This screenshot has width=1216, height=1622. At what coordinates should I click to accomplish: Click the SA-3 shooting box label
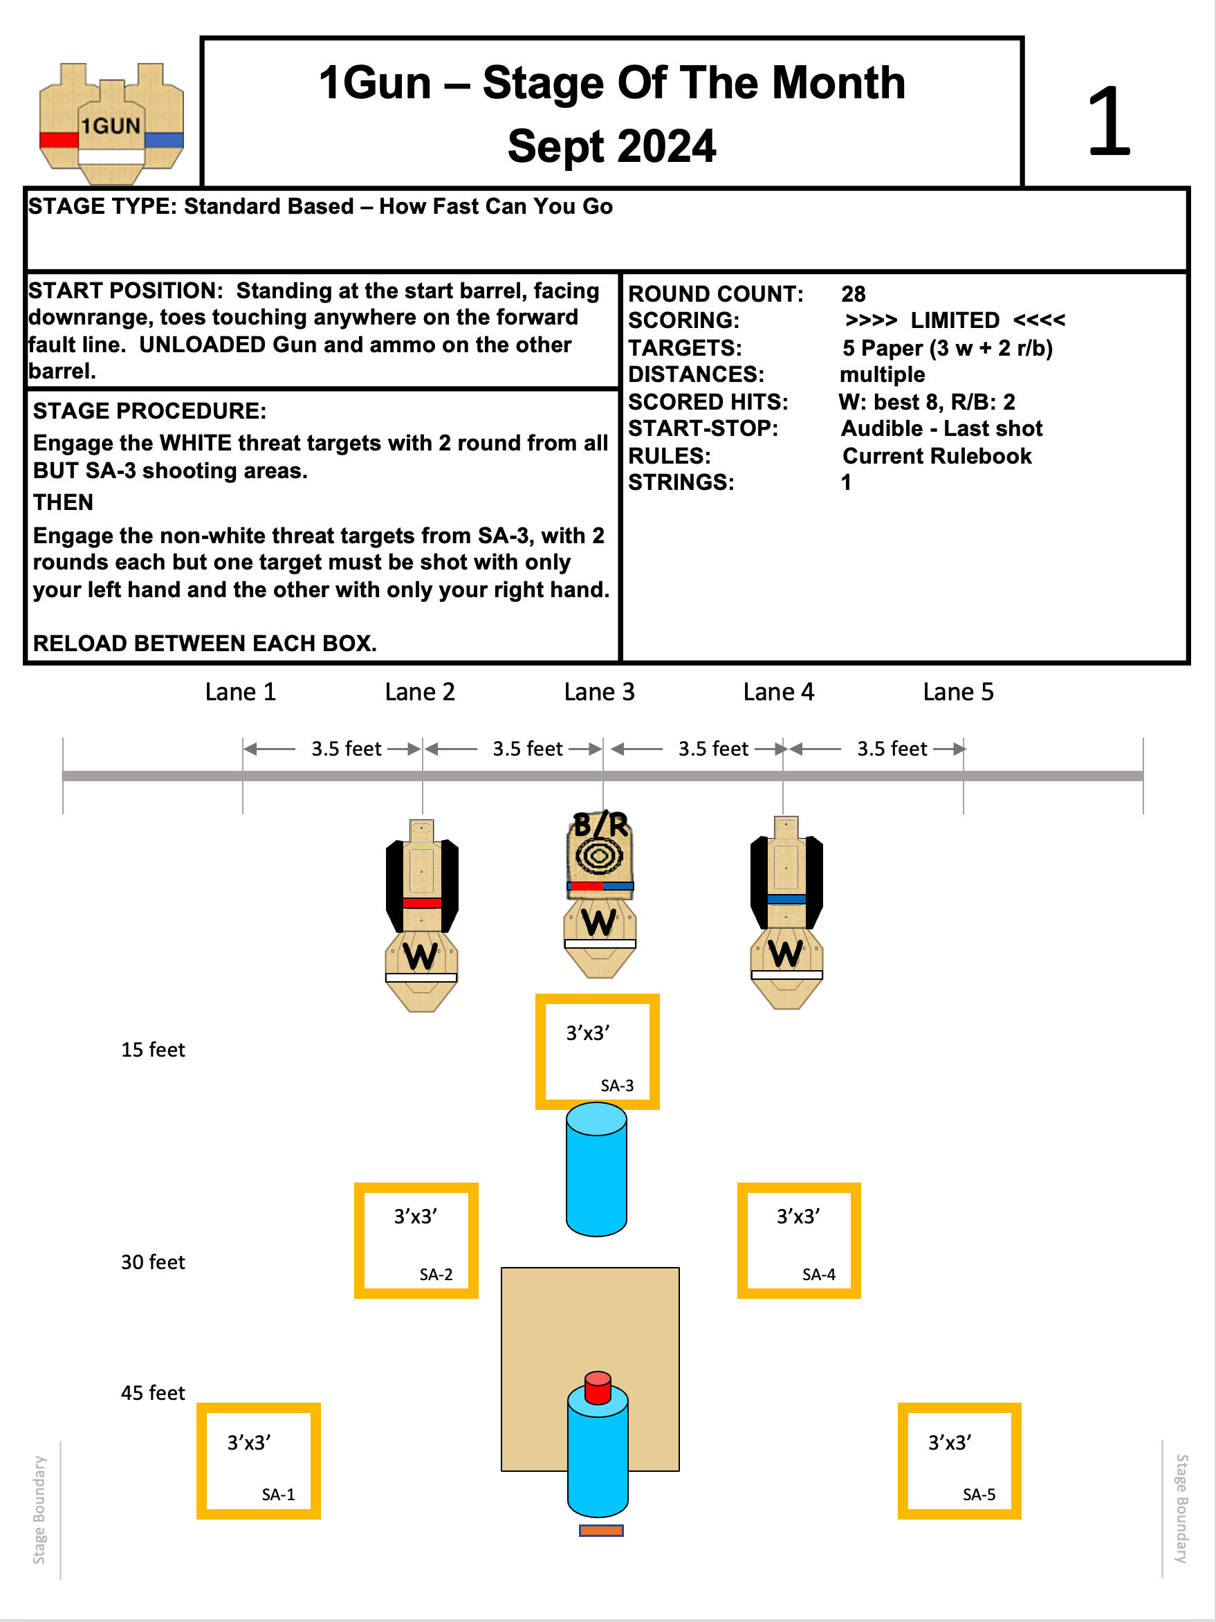tap(616, 1085)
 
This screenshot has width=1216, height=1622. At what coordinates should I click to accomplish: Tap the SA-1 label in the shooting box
tap(278, 1495)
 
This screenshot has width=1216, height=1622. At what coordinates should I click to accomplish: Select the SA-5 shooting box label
tap(979, 1495)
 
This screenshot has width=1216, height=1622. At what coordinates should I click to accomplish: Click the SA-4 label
tap(818, 1275)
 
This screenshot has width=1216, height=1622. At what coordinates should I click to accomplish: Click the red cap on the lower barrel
tap(598, 1385)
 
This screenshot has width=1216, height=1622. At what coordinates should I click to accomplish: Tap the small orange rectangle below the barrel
tap(601, 1531)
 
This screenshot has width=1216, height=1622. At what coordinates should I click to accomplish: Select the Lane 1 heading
tap(241, 691)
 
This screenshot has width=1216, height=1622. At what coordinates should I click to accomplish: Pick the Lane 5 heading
tap(958, 691)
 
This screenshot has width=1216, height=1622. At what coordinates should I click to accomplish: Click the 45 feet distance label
tap(152, 1392)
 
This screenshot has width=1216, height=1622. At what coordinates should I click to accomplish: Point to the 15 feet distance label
tap(152, 1049)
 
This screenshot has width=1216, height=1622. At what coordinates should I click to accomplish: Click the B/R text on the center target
tap(600, 825)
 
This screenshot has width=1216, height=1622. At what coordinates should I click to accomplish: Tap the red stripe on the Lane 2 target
tap(421, 902)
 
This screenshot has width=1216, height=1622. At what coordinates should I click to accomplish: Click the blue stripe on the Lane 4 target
tap(786, 899)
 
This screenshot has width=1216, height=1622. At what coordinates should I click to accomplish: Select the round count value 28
tap(853, 293)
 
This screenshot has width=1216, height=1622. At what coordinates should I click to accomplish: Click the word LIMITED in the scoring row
tap(955, 320)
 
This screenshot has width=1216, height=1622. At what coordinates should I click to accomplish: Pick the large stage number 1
tap(1108, 121)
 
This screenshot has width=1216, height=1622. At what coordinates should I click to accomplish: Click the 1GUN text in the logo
tap(111, 126)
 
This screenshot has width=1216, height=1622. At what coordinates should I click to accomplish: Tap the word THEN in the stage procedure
tap(63, 502)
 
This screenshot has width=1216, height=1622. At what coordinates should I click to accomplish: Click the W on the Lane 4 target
tap(786, 954)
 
